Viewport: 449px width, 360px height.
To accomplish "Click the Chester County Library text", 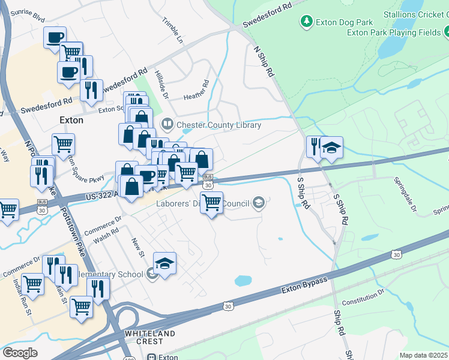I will click(218, 125).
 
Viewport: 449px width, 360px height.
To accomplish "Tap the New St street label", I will click(138, 247).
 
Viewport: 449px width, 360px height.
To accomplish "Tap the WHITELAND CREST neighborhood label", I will click(150, 337).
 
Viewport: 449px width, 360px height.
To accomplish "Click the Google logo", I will click(20, 353).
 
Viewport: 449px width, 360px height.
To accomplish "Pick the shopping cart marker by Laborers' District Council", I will click(211, 203).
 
